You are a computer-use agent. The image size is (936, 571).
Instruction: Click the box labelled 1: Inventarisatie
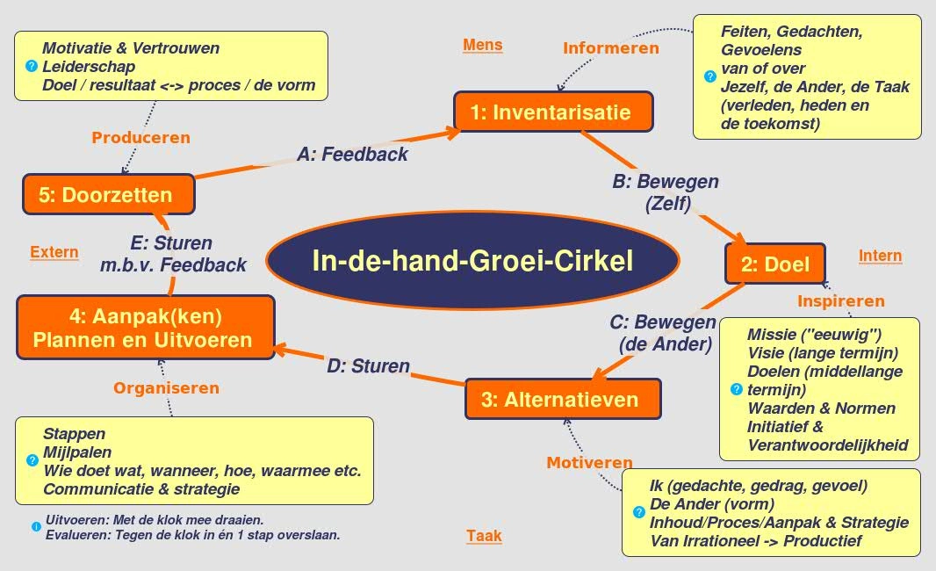[553, 112]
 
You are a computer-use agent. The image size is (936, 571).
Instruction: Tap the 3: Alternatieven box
[562, 400]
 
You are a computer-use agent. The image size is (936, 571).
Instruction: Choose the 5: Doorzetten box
[108, 194]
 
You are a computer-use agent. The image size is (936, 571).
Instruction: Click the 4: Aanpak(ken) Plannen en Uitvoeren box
[145, 327]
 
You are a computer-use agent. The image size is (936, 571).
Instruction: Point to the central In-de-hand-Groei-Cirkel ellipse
[472, 262]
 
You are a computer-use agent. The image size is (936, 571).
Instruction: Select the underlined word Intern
[880, 256]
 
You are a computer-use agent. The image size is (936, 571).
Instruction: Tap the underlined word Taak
[484, 536]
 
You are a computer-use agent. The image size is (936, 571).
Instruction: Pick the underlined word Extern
[54, 252]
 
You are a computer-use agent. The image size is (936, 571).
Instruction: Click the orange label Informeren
[610, 48]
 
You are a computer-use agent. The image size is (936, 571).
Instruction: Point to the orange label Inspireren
[840, 301]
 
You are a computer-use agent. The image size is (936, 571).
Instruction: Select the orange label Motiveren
[589, 463]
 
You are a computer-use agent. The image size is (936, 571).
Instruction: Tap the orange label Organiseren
[166, 387]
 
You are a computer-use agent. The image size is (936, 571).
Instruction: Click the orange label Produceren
[140, 137]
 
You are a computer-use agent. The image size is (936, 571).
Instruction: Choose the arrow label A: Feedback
[352, 155]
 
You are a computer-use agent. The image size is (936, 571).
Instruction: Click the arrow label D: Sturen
[368, 365]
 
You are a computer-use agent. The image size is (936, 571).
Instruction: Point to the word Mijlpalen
[77, 452]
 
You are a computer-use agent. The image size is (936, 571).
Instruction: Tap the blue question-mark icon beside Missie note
[736, 389]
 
